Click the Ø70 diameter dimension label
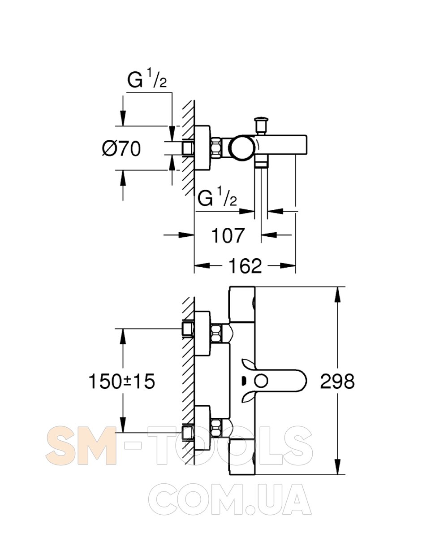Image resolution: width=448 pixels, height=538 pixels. click(121, 148)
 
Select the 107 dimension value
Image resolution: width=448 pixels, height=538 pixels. click(228, 235)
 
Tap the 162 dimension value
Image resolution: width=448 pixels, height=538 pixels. click(245, 266)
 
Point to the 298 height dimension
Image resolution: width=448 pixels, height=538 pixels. click(337, 382)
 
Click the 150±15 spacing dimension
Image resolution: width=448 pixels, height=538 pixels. click(121, 382)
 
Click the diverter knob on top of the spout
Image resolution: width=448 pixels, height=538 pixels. click(260, 123)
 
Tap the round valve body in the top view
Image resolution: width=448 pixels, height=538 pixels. click(241, 148)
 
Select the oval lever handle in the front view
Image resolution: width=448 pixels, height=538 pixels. click(278, 382)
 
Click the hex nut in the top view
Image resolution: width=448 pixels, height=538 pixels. click(216, 148)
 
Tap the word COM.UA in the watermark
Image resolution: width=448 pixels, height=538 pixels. click(230, 499)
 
